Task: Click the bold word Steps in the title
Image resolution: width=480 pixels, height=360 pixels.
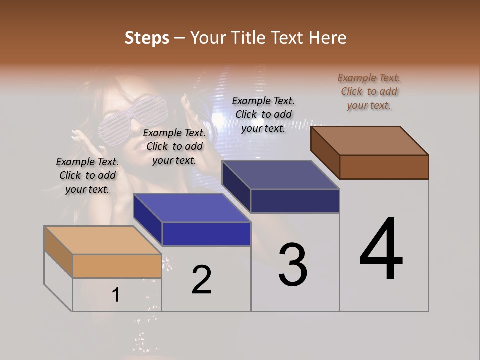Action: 147,38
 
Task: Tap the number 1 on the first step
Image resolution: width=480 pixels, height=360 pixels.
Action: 115,295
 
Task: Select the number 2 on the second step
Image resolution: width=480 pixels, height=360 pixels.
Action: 201,280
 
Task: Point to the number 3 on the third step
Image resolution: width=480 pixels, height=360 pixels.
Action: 292,265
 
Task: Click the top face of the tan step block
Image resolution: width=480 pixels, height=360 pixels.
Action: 102,240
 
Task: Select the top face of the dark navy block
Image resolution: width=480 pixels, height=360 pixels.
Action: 280,175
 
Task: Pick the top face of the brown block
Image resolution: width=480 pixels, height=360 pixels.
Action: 370,140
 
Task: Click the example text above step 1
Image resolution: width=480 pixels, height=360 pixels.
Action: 87,175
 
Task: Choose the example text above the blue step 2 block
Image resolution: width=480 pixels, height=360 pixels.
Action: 174,146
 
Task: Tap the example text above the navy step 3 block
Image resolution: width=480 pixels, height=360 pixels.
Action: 263,114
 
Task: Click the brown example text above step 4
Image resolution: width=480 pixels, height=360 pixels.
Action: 369,91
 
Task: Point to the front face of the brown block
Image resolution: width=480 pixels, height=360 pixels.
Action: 384,167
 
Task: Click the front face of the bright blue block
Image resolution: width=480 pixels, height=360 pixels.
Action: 206,234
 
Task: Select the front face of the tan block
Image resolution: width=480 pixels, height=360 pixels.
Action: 117,266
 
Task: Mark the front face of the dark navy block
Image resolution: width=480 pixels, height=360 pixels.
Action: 295,201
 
